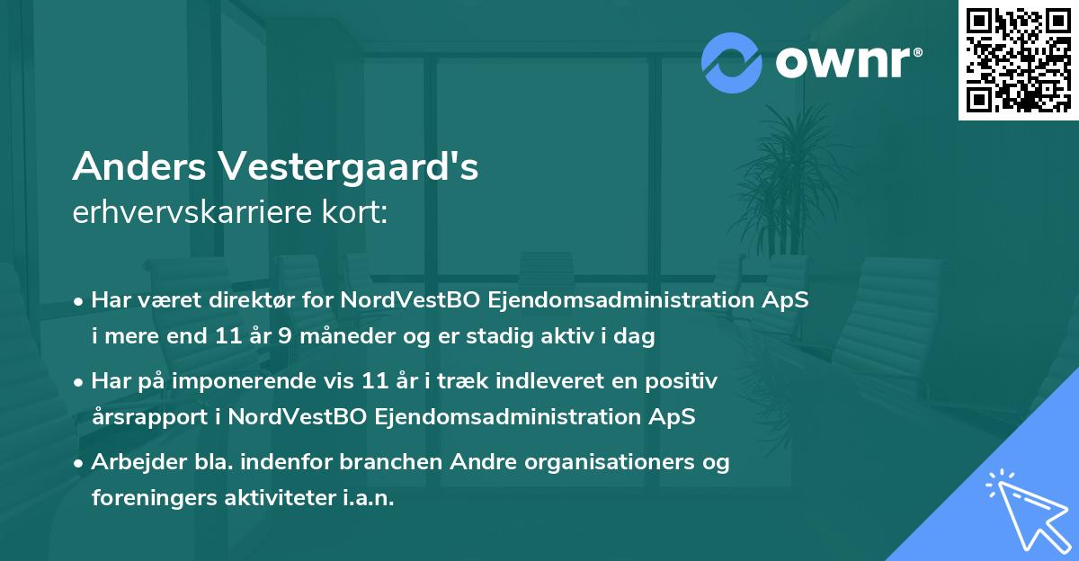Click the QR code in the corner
pyautogui.click(x=1018, y=59)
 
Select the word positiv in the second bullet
pyautogui.click(x=686, y=381)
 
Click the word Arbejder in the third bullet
pyautogui.click(x=134, y=462)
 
